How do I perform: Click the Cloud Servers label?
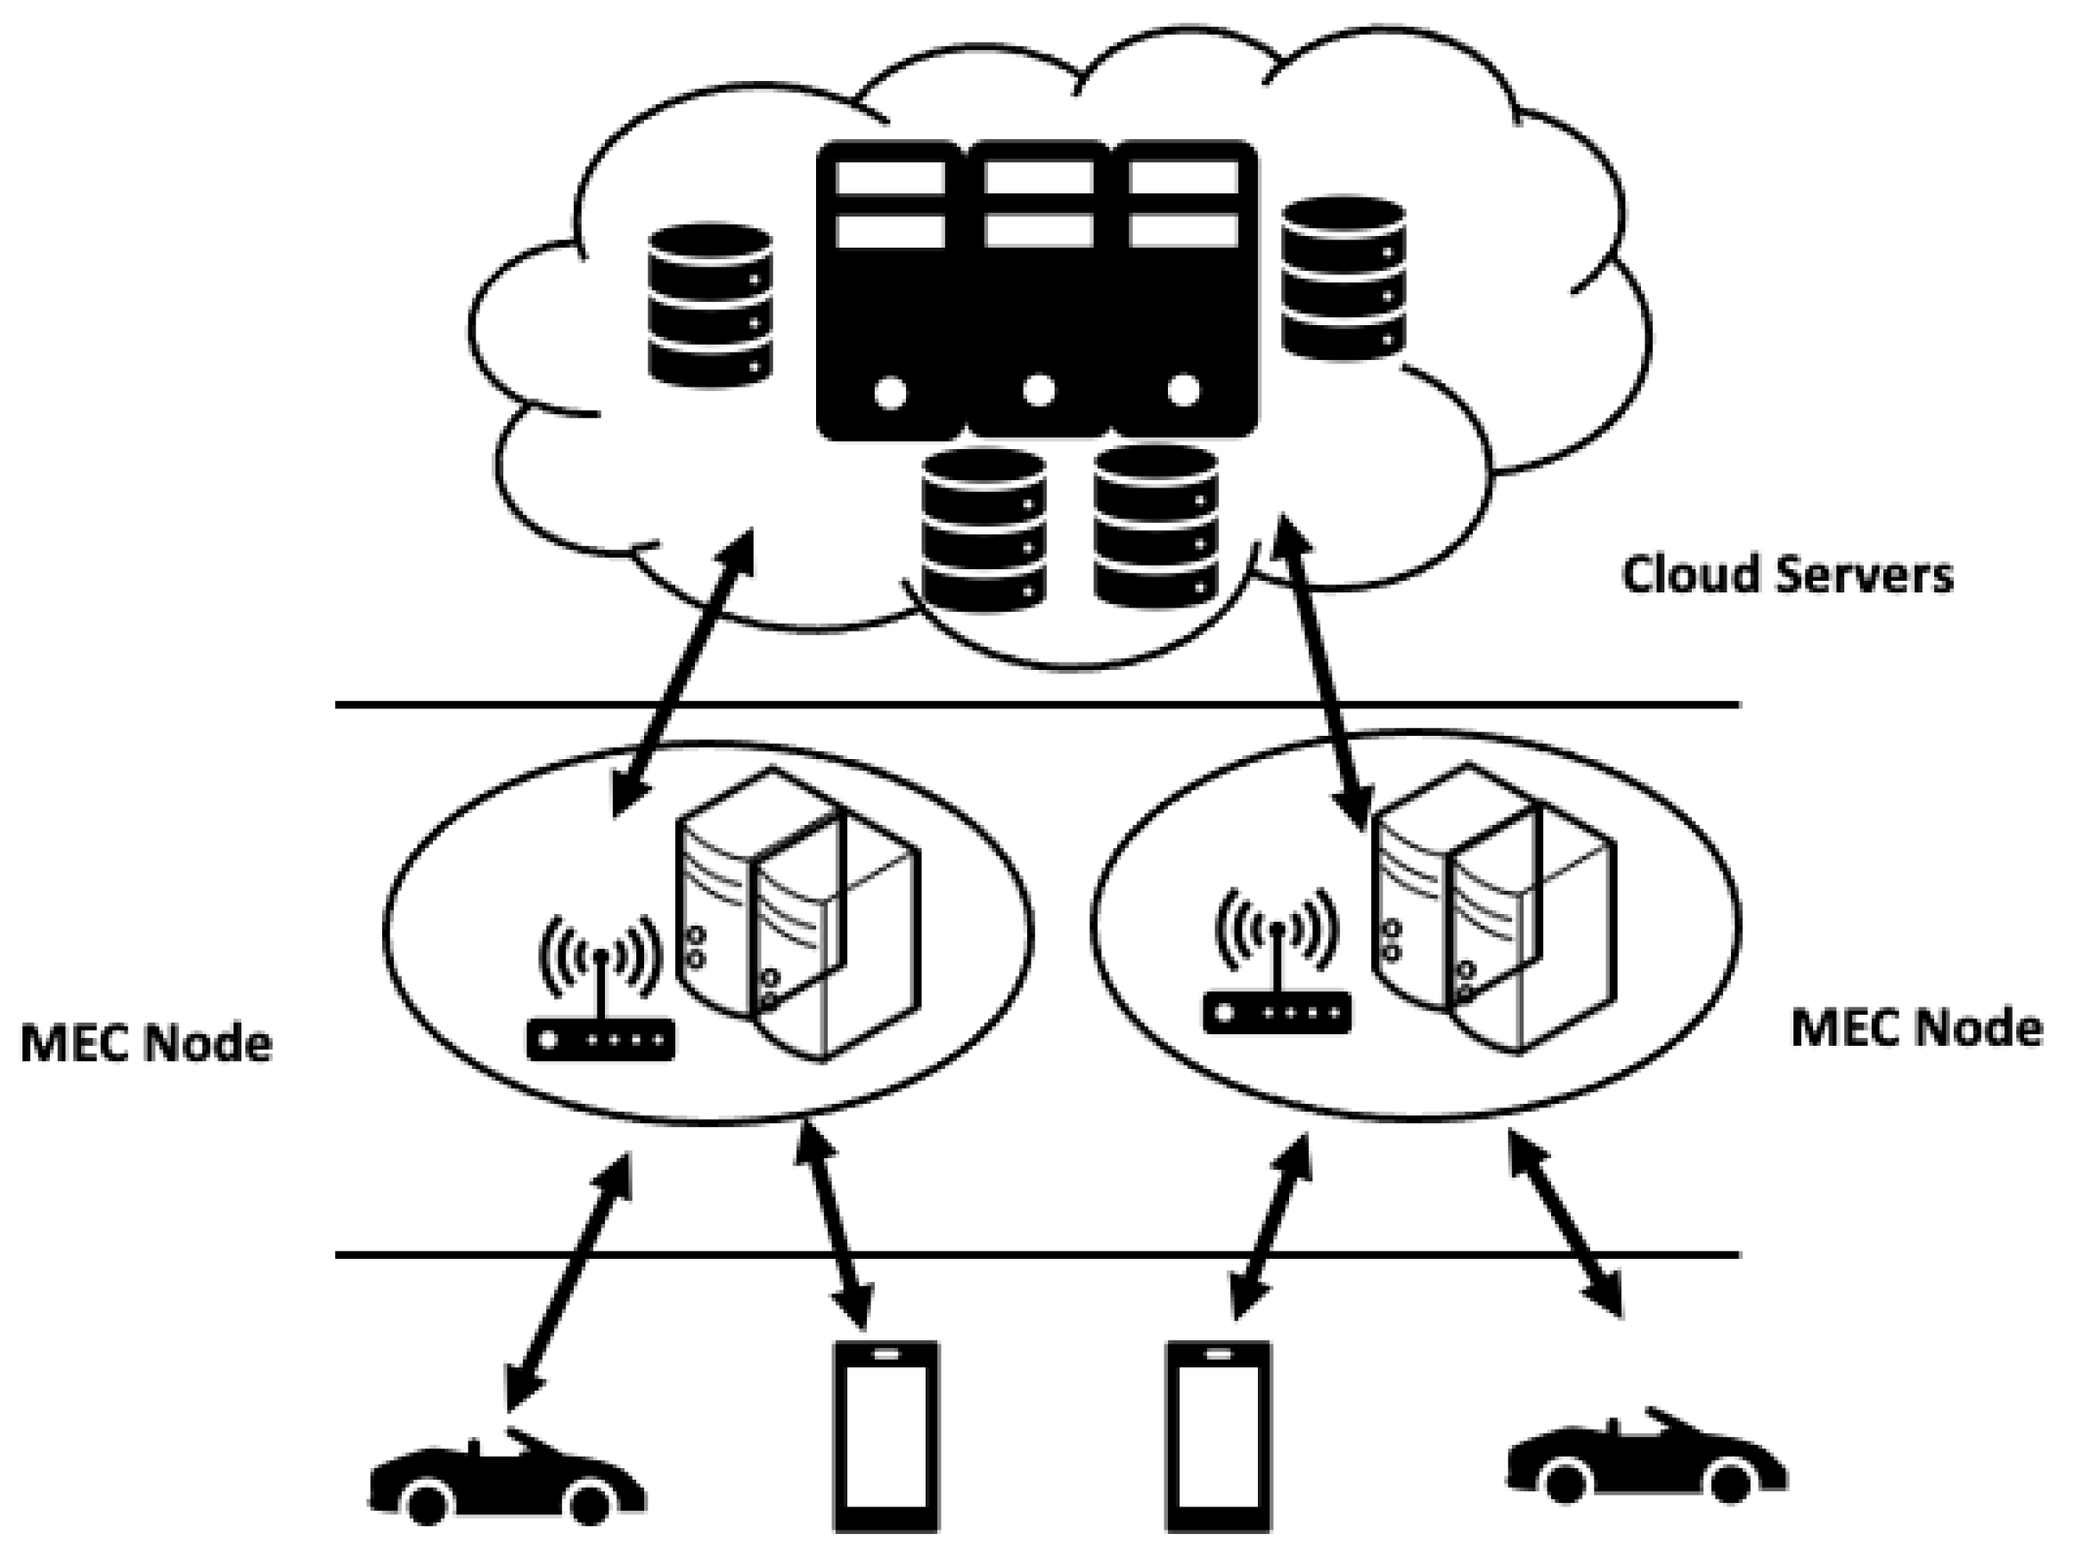coord(1787,575)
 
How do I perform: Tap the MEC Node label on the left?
coord(146,1043)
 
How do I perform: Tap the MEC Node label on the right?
coord(1916,1028)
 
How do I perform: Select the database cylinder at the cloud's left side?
coord(710,306)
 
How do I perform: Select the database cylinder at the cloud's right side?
coord(1343,279)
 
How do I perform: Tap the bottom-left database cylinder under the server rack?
coord(983,530)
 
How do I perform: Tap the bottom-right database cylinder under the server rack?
coord(1155,525)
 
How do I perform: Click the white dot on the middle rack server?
coord(1038,390)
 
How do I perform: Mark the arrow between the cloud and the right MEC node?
coord(1322,670)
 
